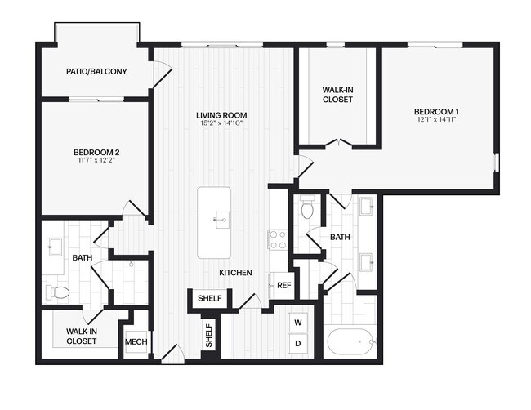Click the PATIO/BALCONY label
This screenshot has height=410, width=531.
[x=96, y=72]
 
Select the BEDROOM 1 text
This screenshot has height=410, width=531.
[x=436, y=111]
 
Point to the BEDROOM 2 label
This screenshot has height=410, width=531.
[x=96, y=153]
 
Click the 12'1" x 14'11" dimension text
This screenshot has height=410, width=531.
[x=436, y=120]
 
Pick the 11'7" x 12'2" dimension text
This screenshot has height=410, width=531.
[x=96, y=161]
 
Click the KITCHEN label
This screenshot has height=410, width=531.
[x=234, y=273]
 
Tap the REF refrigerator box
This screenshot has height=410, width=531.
[x=283, y=285]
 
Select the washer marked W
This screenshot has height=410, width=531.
[x=298, y=322]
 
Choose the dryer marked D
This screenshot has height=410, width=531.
[x=298, y=344]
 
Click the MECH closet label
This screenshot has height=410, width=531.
[x=136, y=341]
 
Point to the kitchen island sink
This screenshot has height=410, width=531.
[x=220, y=218]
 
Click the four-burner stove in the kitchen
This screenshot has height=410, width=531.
[x=278, y=239]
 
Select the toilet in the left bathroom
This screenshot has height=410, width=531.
[x=59, y=292]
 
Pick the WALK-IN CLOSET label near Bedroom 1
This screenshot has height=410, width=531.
[x=337, y=94]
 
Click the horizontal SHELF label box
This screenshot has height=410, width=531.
[x=210, y=299]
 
